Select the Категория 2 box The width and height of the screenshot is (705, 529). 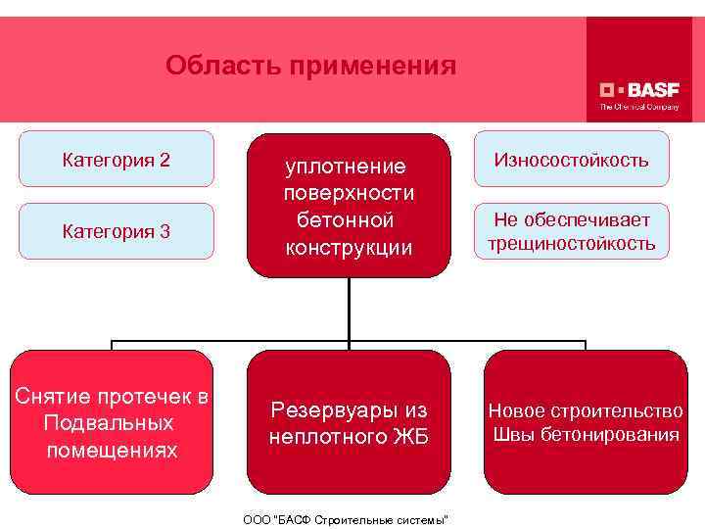(x=116, y=159)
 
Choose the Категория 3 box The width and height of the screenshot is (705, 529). (x=116, y=231)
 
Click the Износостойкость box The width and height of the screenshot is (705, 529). (x=571, y=159)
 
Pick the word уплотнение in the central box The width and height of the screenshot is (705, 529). (x=346, y=166)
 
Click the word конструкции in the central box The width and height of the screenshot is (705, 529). (x=349, y=247)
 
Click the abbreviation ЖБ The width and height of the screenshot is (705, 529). (x=410, y=436)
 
